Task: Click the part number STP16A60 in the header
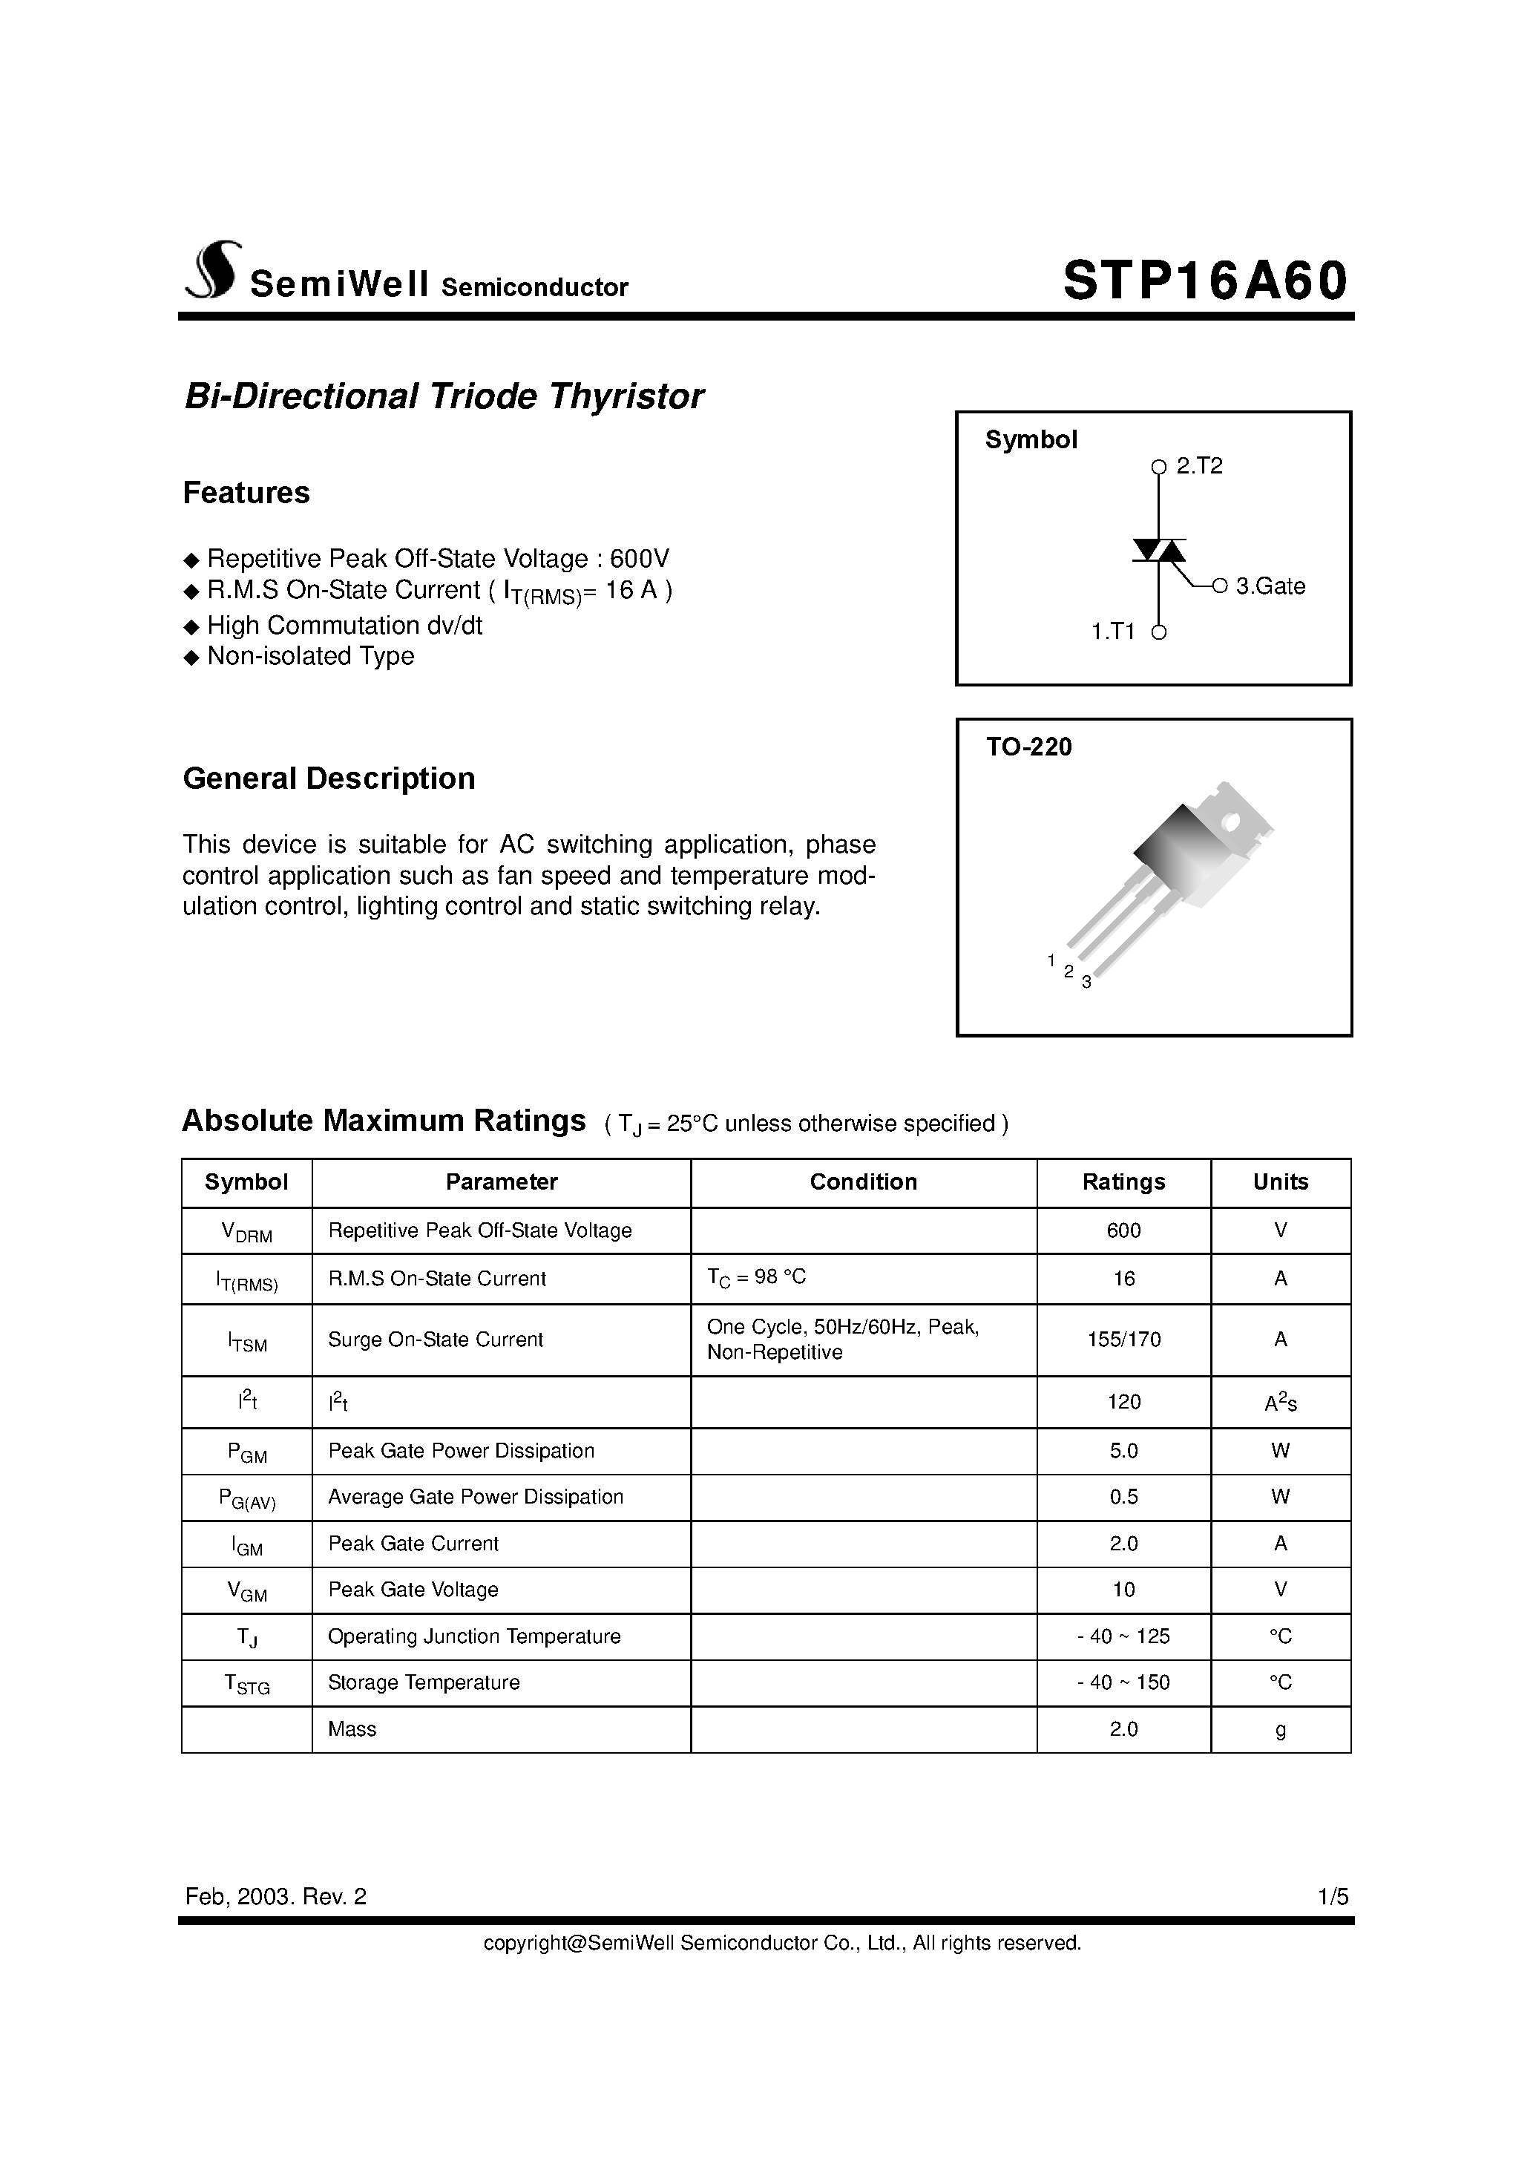(x=1204, y=282)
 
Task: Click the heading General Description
(x=328, y=778)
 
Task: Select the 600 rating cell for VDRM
(x=1123, y=1230)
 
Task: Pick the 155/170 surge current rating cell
(x=1123, y=1340)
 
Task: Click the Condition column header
(x=863, y=1182)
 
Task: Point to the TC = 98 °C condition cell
(x=756, y=1278)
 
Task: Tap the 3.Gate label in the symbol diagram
(x=1270, y=587)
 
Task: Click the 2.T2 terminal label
(x=1199, y=466)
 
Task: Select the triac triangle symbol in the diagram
(x=1159, y=550)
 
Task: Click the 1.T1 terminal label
(x=1112, y=632)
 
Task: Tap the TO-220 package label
(x=1028, y=747)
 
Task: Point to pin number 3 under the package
(x=1087, y=983)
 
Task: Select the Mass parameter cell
(x=352, y=1730)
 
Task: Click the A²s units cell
(x=1280, y=1403)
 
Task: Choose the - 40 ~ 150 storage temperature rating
(x=1123, y=1682)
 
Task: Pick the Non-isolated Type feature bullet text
(x=310, y=656)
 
